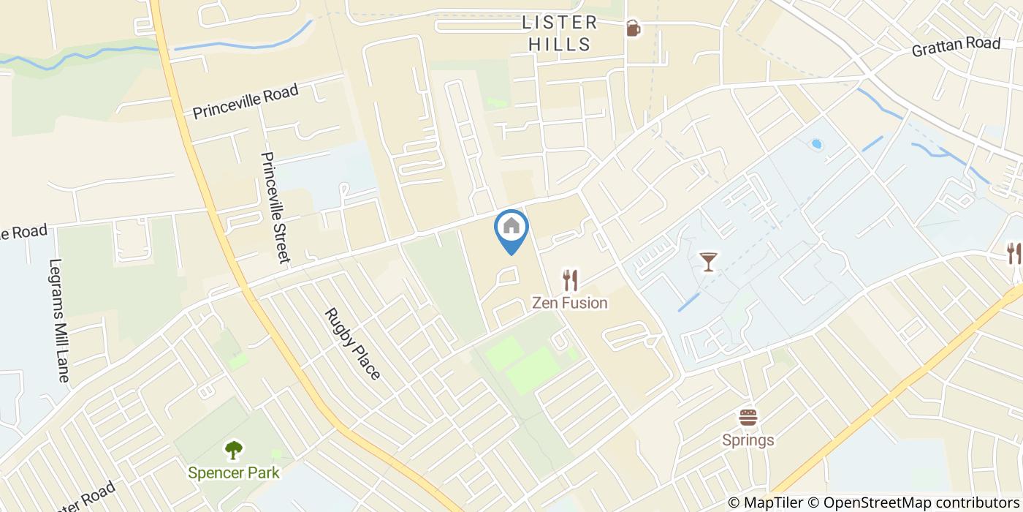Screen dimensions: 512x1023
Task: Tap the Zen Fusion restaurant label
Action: click(x=569, y=303)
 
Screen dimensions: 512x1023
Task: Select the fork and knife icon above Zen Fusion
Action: click(x=570, y=279)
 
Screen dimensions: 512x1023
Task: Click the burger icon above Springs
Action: click(x=748, y=418)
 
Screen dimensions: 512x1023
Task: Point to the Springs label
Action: click(x=748, y=440)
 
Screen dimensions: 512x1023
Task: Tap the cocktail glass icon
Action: click(x=708, y=261)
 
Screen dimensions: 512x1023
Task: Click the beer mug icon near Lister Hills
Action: click(x=633, y=29)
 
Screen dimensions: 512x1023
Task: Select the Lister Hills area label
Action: click(x=560, y=34)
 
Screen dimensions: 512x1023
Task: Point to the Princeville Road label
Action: click(x=246, y=102)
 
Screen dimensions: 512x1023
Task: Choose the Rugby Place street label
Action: click(x=353, y=344)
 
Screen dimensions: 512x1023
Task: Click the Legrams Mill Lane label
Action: click(x=58, y=320)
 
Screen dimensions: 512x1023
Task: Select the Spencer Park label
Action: click(x=233, y=473)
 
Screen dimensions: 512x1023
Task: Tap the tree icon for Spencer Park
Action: click(x=234, y=449)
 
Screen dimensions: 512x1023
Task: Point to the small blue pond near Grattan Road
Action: click(x=817, y=144)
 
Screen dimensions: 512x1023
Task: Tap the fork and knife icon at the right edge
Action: click(x=1014, y=254)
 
